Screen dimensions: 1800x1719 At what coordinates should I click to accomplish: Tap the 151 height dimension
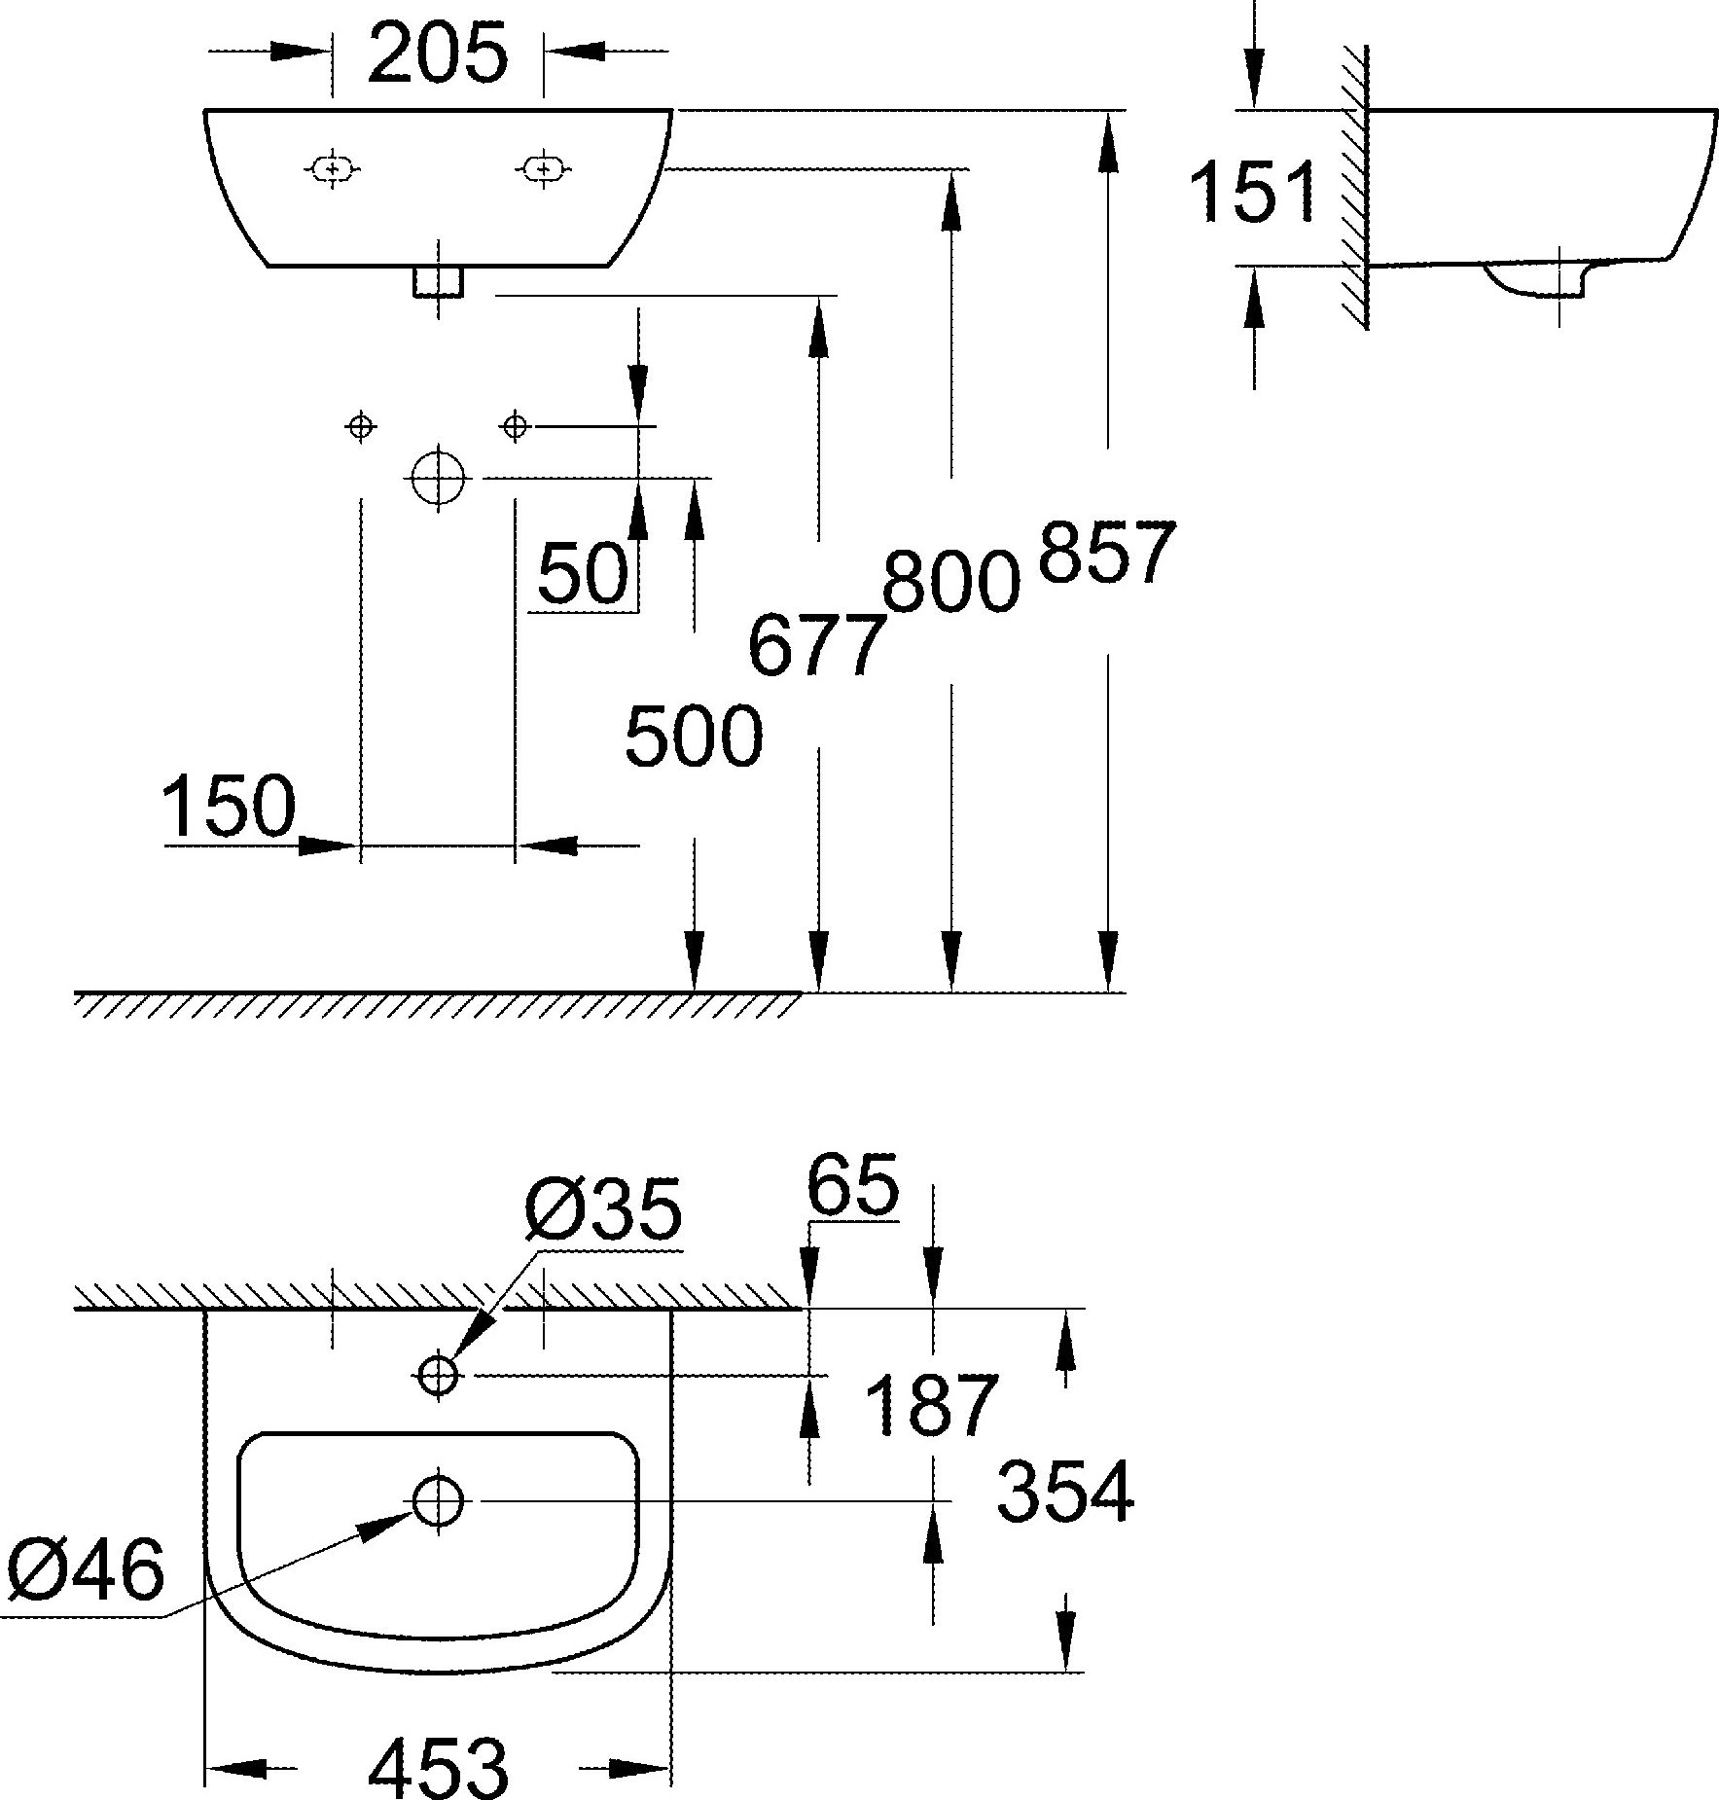point(1253,192)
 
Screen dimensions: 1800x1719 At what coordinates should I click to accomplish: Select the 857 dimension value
point(1107,553)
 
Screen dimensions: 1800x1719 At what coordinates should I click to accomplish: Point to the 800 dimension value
point(950,582)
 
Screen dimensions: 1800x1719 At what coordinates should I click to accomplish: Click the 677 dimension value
point(817,645)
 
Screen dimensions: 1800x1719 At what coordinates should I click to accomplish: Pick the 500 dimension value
point(693,737)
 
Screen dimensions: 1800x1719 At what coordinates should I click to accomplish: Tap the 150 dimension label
point(229,807)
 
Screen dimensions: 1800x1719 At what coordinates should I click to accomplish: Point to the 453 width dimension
point(438,1766)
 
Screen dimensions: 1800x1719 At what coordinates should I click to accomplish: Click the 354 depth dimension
point(1065,1491)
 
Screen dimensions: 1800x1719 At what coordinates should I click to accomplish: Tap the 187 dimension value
point(931,1405)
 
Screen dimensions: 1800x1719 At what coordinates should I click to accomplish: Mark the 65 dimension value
point(852,1186)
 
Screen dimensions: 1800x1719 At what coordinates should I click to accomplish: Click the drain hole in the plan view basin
point(438,1501)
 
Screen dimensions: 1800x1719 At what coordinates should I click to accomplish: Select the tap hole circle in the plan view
point(438,1375)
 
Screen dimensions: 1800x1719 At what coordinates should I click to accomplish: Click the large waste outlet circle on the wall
point(439,478)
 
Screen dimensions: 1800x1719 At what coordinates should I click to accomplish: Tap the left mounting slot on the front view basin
point(333,169)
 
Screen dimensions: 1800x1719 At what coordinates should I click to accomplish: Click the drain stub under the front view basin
point(438,281)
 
